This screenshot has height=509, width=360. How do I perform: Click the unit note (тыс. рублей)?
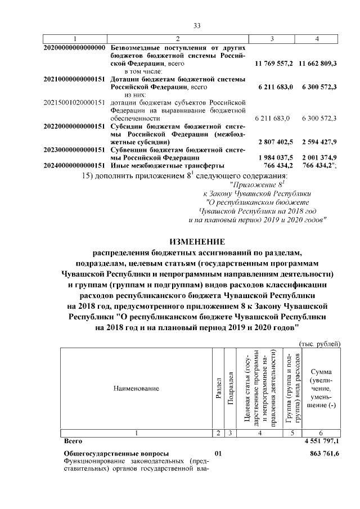318,344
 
